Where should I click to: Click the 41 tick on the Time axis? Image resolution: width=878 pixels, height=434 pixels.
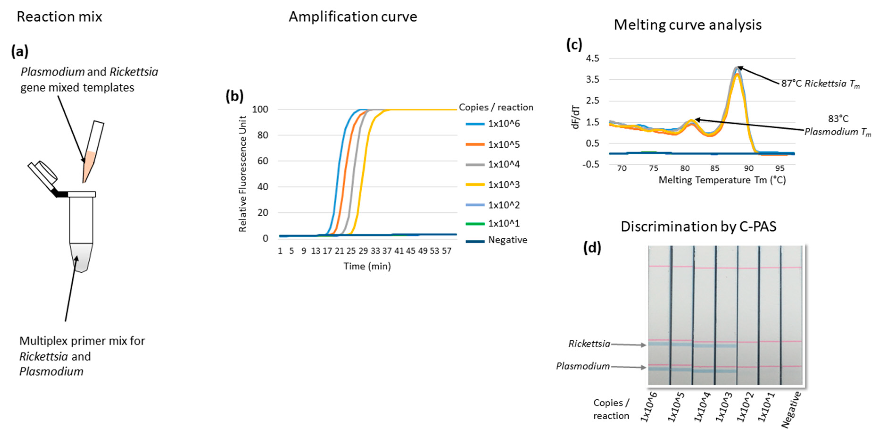pyautogui.click(x=399, y=251)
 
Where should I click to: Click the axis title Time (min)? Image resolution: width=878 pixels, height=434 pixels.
pyautogui.click(x=367, y=266)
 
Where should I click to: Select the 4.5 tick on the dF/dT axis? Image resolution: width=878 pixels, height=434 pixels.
pyautogui.click(x=592, y=58)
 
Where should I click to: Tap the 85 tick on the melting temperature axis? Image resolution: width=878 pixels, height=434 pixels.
pyautogui.click(x=714, y=168)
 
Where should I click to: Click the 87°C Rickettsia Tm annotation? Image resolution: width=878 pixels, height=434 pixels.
pyautogui.click(x=820, y=83)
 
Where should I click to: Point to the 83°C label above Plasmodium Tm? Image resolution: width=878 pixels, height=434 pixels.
pyautogui.click(x=838, y=119)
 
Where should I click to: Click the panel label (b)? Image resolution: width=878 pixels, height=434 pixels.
pyautogui.click(x=235, y=96)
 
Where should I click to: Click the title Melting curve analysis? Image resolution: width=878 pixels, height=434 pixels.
pyautogui.click(x=688, y=25)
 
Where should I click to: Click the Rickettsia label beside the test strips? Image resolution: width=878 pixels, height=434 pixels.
pyautogui.click(x=589, y=344)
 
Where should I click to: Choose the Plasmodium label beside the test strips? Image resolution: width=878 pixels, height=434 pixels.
pyautogui.click(x=583, y=366)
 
